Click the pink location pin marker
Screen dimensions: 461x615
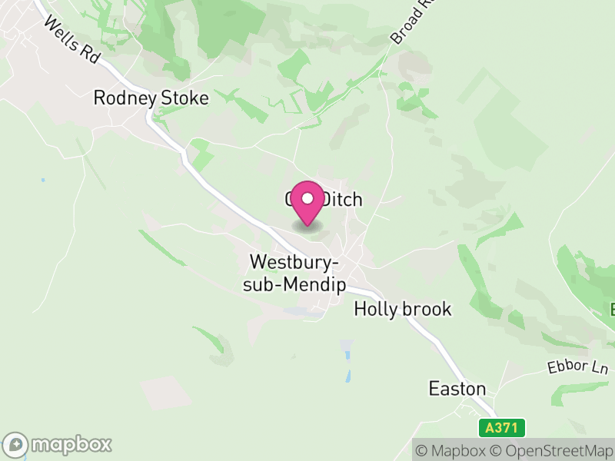307,204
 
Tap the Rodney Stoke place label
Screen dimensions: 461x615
151,98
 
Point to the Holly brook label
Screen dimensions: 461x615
402,309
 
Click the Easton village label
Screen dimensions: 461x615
457,389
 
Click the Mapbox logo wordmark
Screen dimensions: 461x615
71,444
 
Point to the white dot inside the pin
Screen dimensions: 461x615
307,198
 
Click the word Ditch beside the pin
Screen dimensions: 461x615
341,200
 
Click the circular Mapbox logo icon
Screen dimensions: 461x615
16,444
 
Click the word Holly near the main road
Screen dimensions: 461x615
373,309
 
